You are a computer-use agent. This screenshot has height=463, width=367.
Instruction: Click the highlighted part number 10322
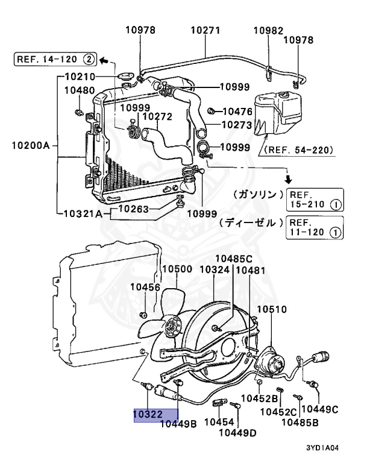coord(148,414)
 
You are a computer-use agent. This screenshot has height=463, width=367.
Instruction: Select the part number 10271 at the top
coord(205,30)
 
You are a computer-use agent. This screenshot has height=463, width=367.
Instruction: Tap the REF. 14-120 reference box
coord(55,59)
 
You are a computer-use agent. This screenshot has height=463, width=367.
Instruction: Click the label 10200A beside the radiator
coord(31,145)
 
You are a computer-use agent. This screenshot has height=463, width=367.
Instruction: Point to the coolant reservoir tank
coord(278,113)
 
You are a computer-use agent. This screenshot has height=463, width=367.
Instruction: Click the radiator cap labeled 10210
coord(125,77)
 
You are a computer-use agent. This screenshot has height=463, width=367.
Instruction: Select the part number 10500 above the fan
coord(177,269)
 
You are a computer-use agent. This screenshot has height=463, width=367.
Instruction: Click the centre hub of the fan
coord(172,326)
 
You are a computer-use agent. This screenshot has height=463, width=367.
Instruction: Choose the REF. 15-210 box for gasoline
coord(315,200)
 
